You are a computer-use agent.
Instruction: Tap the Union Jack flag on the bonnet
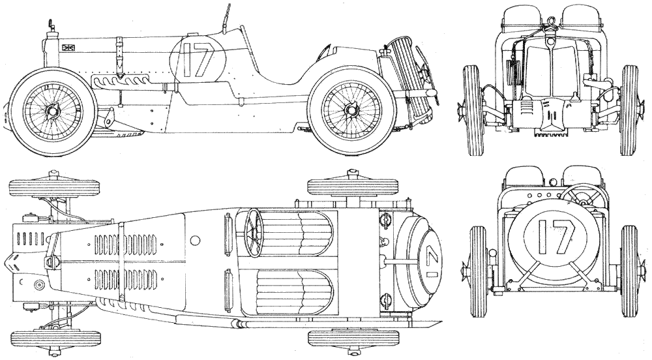68,48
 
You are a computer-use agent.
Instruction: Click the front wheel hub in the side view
52,111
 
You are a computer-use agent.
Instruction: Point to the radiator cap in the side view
51,25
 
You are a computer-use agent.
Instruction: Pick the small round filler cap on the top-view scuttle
194,240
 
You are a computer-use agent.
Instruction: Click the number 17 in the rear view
556,237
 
